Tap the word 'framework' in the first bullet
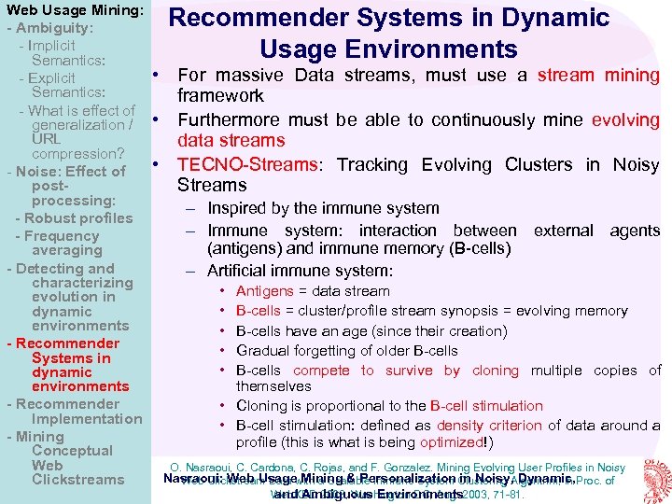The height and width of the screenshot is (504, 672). coord(220,95)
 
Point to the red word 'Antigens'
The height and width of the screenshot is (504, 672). coord(265,291)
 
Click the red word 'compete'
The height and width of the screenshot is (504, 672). coord(322,371)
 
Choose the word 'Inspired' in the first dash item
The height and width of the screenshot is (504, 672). coord(241,208)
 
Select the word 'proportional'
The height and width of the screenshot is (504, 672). coord(333,406)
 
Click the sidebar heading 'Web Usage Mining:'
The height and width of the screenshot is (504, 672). coord(74,10)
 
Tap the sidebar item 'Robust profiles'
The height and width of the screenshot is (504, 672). coord(74,218)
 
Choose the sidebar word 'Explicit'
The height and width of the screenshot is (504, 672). coord(52,78)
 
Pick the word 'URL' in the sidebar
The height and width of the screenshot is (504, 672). coord(47,139)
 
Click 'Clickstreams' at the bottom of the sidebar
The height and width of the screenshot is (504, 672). coord(77,480)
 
